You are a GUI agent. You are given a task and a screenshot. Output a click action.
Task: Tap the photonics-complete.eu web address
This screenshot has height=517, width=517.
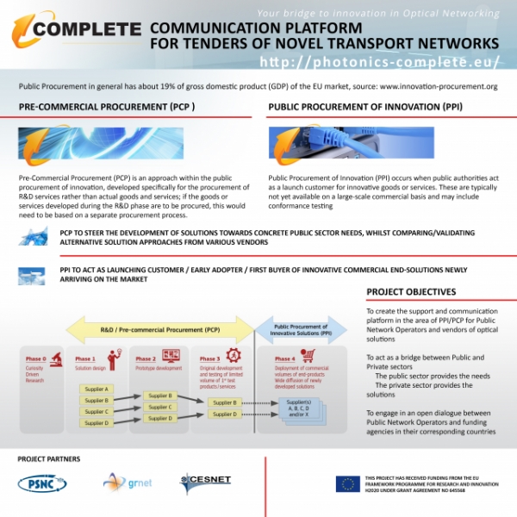pyautogui.click(x=379, y=62)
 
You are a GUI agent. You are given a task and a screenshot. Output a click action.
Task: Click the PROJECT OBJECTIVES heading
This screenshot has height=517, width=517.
pyautogui.click(x=411, y=291)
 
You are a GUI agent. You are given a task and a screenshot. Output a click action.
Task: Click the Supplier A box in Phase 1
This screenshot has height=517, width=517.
pyautogui.click(x=96, y=389)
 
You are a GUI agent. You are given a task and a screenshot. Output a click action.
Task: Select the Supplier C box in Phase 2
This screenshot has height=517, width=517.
pyautogui.click(x=160, y=407)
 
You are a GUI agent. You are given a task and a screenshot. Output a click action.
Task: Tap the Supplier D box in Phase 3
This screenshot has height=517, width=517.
pyautogui.click(x=224, y=414)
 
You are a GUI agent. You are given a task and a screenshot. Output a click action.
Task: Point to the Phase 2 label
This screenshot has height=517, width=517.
pyautogui.click(x=146, y=358)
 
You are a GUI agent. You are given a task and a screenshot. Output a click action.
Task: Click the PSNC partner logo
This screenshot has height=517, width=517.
pyautogui.click(x=42, y=483)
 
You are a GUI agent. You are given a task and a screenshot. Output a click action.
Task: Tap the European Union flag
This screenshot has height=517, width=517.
pyautogui.click(x=347, y=483)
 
